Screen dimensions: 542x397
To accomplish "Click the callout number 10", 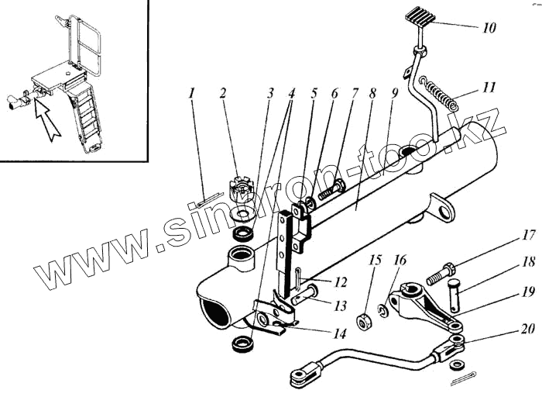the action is coord(489,28).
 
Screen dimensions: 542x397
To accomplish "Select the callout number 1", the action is coord(191,95).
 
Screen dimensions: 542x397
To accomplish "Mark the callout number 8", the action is coord(372,95).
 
